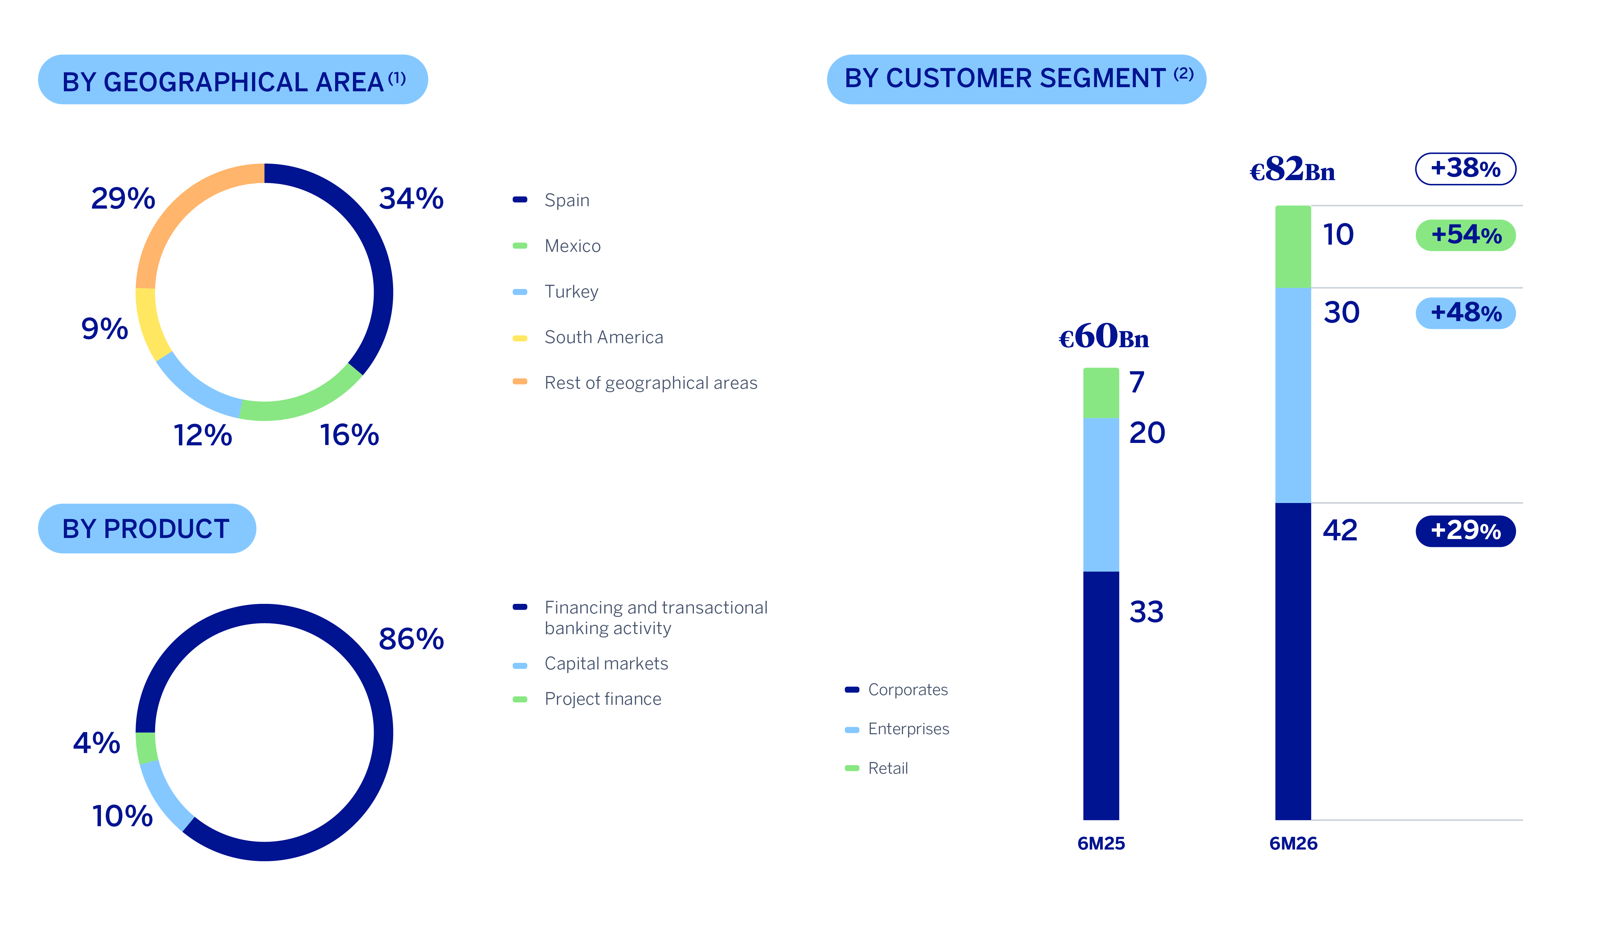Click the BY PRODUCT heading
click(147, 529)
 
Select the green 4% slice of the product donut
click(146, 747)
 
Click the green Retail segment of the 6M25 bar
click(1101, 393)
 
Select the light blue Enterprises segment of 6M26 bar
click(1293, 395)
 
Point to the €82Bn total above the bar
click(1292, 169)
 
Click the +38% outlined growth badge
click(1465, 168)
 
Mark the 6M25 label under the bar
click(1101, 843)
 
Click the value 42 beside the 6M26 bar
click(1340, 530)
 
